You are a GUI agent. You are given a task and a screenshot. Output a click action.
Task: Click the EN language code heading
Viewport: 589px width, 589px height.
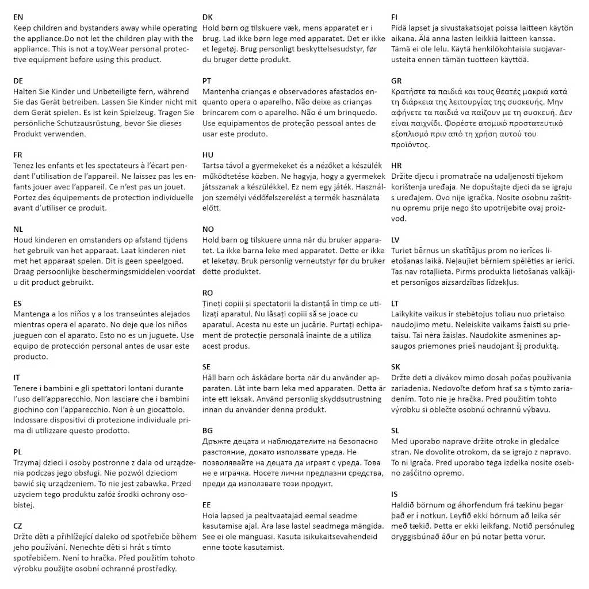18,17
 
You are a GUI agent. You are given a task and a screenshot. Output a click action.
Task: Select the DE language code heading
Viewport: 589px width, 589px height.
18,81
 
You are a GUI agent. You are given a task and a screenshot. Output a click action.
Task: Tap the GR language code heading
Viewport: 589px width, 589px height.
396,81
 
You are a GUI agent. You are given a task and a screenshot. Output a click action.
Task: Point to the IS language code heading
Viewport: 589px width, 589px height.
394,494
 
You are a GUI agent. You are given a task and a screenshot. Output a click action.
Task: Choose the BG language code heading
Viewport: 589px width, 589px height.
208,430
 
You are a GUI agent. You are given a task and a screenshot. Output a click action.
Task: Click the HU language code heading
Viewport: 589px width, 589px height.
208,155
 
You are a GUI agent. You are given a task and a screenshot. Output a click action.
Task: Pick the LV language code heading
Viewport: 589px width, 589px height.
395,239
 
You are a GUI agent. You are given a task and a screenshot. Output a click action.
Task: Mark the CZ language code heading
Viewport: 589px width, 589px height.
18,525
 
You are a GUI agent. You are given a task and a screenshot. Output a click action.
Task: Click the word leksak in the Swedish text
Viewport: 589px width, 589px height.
245,398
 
